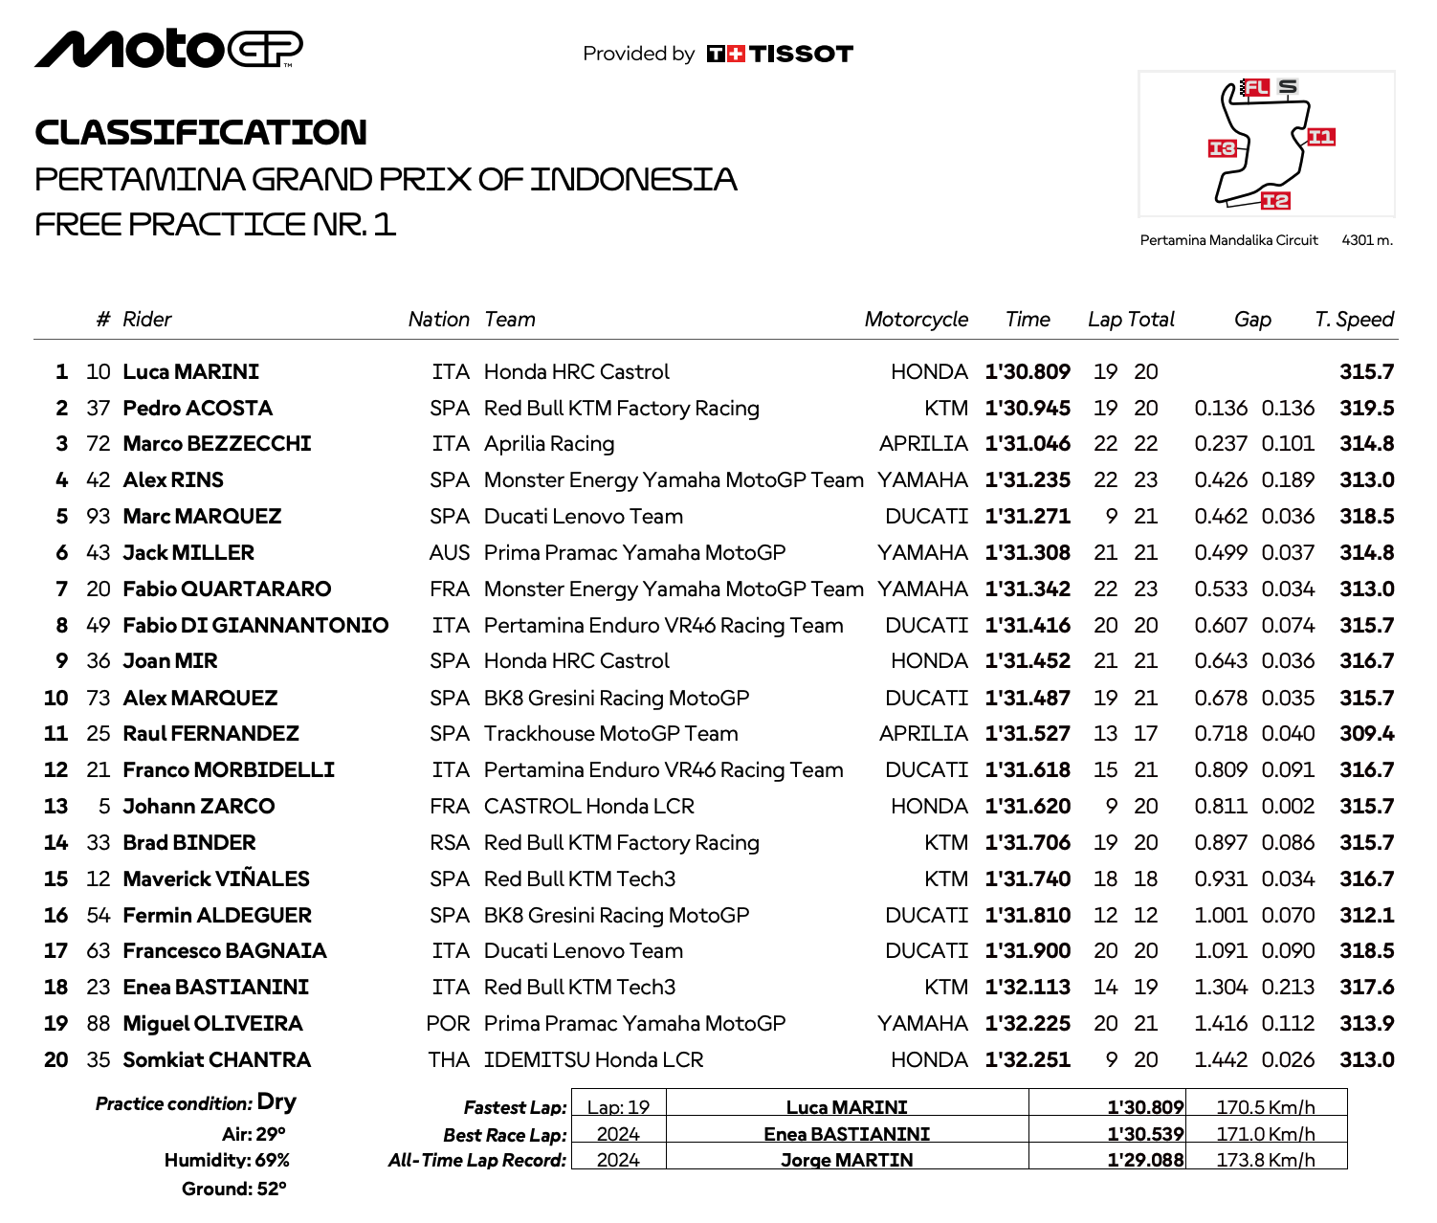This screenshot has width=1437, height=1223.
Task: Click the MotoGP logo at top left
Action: click(x=168, y=49)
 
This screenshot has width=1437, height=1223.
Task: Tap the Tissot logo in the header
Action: click(x=780, y=55)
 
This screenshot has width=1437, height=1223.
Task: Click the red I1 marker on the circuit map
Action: click(x=1320, y=137)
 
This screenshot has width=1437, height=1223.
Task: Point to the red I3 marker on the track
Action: click(x=1222, y=148)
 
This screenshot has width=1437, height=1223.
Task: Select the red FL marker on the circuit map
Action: click(x=1255, y=88)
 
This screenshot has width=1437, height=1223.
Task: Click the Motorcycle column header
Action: click(x=916, y=320)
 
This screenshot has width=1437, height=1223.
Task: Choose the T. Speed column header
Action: click(x=1354, y=320)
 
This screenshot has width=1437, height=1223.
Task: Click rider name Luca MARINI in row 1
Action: click(x=191, y=372)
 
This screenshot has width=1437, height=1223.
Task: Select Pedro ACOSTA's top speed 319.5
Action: click(x=1366, y=409)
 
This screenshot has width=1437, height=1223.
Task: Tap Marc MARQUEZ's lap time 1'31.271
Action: click(x=1028, y=517)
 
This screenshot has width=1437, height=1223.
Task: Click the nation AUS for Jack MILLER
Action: click(x=450, y=553)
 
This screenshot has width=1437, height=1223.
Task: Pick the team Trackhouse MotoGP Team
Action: click(x=610, y=734)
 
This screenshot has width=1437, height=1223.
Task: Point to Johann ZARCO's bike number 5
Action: click(x=104, y=807)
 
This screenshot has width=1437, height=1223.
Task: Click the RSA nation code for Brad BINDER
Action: click(x=450, y=843)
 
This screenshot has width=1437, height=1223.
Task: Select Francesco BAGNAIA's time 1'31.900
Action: click(x=1028, y=951)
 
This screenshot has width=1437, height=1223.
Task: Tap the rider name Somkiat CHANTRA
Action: click(x=217, y=1060)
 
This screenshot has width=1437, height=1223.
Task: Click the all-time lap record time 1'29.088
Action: click(x=1145, y=1160)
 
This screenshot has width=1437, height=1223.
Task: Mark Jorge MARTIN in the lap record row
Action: click(x=847, y=1160)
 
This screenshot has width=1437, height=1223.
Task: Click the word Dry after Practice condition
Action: click(x=276, y=1102)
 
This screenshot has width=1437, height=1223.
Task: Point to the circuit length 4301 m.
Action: click(x=1367, y=240)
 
